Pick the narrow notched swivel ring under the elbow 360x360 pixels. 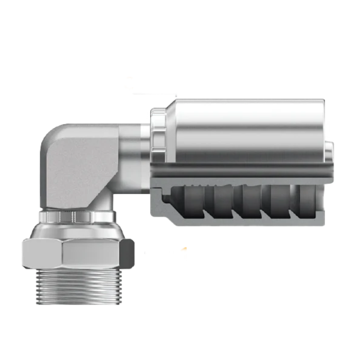77,215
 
